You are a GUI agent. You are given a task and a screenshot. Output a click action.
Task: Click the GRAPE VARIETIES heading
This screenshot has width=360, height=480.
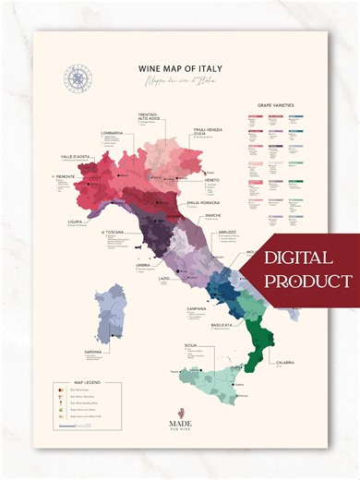277,106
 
